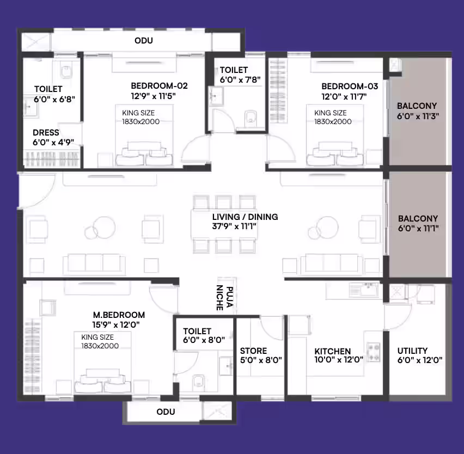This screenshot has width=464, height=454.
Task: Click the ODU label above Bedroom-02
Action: click(x=144, y=40)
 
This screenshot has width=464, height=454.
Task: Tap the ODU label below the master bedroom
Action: click(x=166, y=412)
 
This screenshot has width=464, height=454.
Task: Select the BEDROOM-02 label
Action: click(x=159, y=86)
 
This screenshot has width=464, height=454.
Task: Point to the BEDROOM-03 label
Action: click(x=350, y=87)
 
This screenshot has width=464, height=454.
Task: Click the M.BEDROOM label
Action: click(x=119, y=315)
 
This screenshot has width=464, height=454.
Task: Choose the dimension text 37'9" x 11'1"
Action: click(x=234, y=226)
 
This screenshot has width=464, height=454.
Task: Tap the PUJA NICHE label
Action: click(x=224, y=298)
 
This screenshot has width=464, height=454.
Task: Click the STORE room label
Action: click(x=253, y=351)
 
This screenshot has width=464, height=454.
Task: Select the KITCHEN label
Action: click(x=333, y=351)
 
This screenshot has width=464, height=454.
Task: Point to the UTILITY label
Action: click(x=412, y=351)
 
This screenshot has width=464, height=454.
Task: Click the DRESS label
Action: click(x=46, y=132)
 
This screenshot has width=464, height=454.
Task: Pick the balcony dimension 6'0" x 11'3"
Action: click(x=418, y=116)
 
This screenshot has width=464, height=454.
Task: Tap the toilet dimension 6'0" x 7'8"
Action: click(x=240, y=80)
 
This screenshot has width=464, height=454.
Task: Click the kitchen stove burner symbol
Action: click(x=374, y=352)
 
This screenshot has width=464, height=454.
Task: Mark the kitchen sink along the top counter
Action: click(x=364, y=290)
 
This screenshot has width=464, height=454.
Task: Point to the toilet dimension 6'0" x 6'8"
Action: click(x=54, y=99)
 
